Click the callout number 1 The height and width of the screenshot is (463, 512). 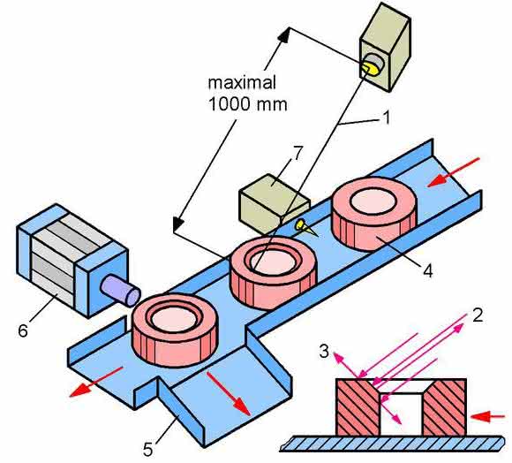tap(386, 118)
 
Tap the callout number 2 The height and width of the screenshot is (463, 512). tap(478, 315)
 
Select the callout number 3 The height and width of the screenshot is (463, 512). tap(324, 352)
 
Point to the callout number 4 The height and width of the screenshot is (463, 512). tap(427, 271)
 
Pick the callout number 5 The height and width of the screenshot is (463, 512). tap(147, 450)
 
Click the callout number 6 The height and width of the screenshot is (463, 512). tap(23, 330)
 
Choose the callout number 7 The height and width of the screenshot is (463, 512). tap(297, 154)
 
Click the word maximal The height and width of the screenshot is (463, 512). tap(242, 83)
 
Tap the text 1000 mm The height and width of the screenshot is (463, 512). tap(248, 104)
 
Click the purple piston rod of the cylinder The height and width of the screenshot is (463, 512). tap(120, 291)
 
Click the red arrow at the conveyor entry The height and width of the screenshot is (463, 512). tap(453, 172)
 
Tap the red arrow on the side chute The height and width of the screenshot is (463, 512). tap(229, 394)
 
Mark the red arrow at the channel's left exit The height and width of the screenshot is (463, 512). tap(96, 382)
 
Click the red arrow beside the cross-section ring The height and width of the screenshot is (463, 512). tap(488, 416)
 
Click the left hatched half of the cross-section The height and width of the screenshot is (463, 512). tap(358, 407)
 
